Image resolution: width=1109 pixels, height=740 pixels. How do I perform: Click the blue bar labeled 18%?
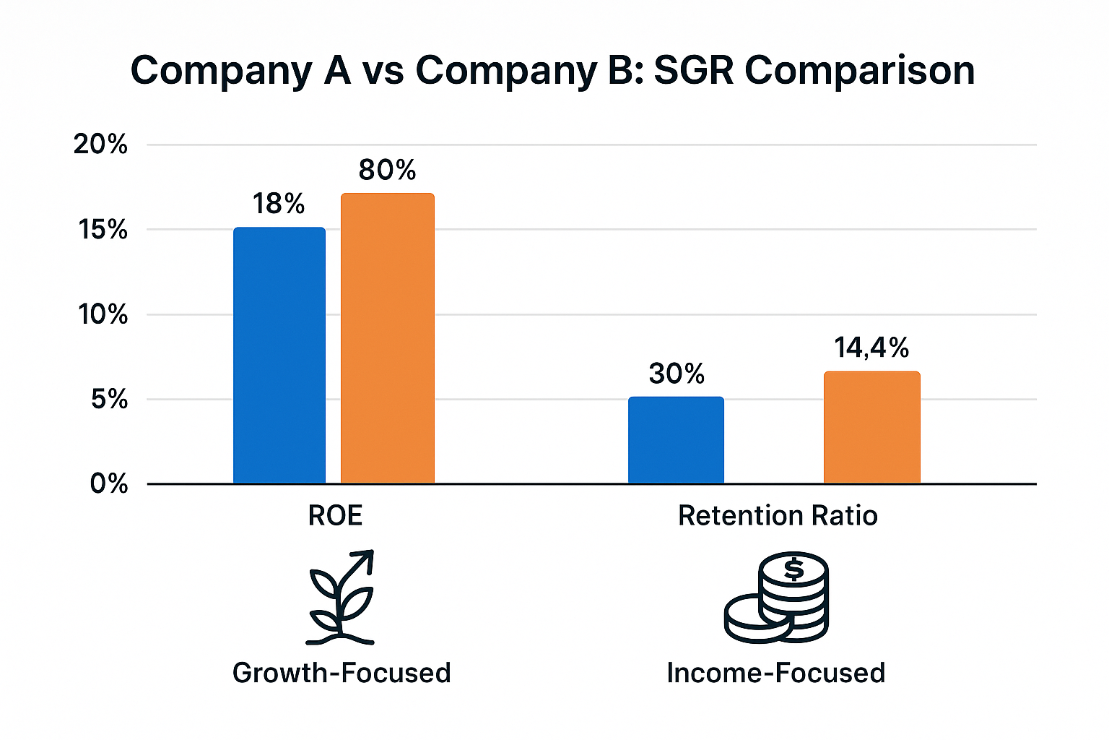(279, 356)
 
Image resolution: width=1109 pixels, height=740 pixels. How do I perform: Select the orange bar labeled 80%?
(387, 338)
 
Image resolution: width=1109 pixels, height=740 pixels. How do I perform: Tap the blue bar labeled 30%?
(676, 440)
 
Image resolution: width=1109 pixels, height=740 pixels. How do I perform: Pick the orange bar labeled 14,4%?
(871, 427)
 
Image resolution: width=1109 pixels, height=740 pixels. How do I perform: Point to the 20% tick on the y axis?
(100, 145)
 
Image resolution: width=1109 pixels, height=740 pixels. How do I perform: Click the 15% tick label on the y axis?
(103, 230)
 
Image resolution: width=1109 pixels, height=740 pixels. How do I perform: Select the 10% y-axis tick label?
(103, 314)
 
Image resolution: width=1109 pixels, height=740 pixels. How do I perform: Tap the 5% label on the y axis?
(109, 399)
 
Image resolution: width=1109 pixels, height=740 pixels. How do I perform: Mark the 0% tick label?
(109, 483)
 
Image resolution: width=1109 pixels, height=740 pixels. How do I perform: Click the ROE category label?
(335, 516)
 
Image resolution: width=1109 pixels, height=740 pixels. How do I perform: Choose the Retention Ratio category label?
(778, 516)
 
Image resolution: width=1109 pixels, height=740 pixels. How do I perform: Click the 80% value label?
(387, 171)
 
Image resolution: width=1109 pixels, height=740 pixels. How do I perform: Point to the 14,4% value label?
(871, 348)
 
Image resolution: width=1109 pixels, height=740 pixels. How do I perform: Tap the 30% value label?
(676, 374)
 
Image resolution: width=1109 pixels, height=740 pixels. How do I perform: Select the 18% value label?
(279, 205)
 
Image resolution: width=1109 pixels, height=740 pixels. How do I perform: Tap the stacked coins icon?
(777, 597)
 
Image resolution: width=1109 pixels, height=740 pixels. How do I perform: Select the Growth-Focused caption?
(342, 673)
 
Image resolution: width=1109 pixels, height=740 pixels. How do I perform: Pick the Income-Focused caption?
(775, 673)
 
